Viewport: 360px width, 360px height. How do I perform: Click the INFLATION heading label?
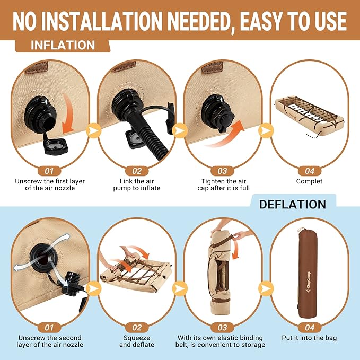63,45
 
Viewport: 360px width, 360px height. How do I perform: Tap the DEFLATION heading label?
293,204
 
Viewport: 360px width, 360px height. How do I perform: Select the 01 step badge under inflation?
49,171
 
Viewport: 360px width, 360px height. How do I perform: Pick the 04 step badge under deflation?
310,328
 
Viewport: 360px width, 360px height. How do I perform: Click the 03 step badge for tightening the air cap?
222,171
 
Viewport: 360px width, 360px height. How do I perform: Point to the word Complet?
309,181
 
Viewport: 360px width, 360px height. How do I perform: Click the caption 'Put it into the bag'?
309,338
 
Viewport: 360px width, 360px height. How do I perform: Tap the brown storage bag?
308,274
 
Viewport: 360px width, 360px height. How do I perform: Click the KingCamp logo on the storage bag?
308,283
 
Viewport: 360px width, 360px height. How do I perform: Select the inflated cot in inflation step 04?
310,117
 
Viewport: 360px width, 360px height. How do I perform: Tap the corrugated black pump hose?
148,138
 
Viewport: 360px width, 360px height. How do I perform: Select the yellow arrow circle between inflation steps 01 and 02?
93,130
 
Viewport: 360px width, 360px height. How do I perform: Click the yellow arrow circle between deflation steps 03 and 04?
266,288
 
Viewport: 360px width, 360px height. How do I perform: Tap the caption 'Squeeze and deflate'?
137,341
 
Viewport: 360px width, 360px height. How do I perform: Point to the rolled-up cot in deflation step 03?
219,272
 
